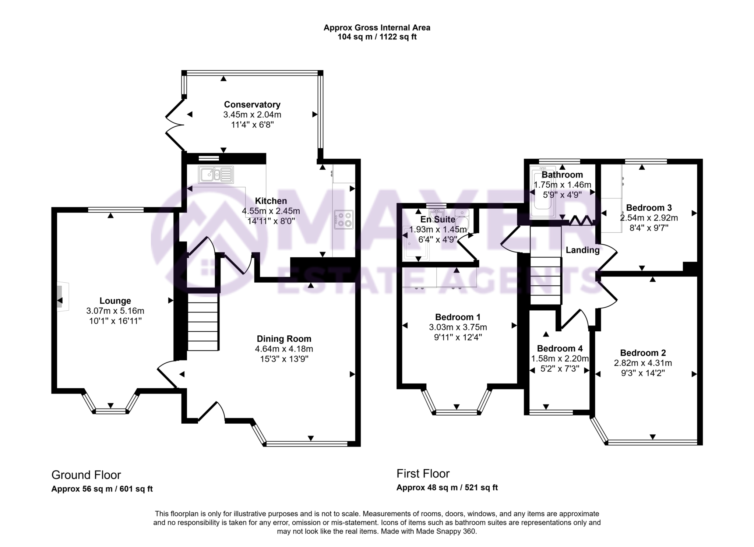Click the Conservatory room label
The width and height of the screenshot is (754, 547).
click(x=252, y=105)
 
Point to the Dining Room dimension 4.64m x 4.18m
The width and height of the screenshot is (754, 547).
click(x=284, y=349)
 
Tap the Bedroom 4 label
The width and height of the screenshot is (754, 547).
click(x=560, y=348)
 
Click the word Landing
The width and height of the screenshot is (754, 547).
click(x=582, y=250)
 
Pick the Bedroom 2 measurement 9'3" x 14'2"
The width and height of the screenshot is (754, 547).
click(x=642, y=373)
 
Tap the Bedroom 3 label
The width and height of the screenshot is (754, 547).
click(x=649, y=207)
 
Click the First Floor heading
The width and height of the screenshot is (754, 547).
click(x=423, y=473)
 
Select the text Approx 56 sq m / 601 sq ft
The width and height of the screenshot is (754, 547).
click(x=102, y=489)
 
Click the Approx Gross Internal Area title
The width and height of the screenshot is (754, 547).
click(x=377, y=28)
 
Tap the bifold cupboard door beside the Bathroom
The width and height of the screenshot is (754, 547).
click(x=581, y=221)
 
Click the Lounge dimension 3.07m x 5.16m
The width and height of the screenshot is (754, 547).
click(x=115, y=311)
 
